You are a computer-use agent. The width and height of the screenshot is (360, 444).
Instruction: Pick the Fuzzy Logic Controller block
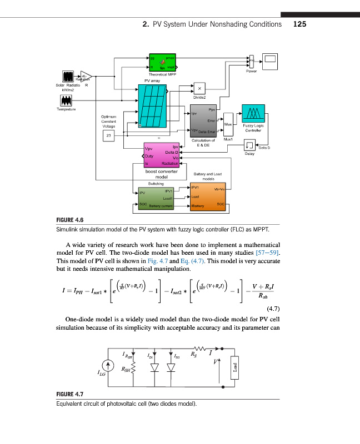[x=253, y=115]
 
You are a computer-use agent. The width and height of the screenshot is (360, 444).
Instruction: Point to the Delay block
[x=249, y=146]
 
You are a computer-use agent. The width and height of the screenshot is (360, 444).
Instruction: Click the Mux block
[x=227, y=122]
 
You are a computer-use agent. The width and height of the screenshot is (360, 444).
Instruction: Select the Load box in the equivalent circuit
[x=235, y=367]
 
